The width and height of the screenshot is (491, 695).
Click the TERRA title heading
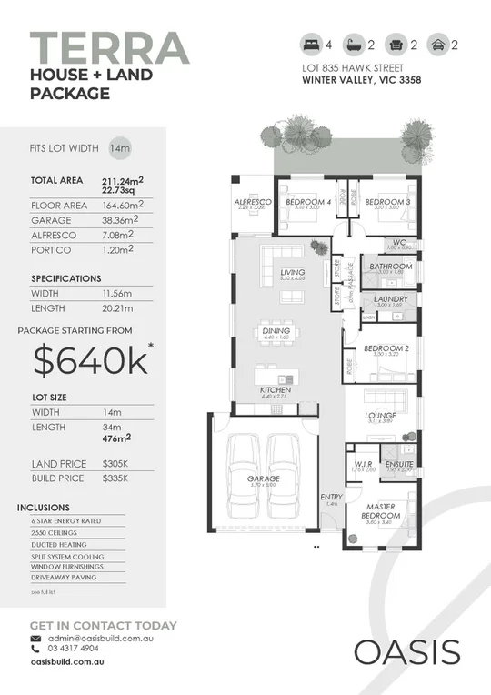110,48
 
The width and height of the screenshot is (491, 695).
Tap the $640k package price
91,361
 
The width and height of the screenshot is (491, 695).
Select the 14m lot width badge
119,147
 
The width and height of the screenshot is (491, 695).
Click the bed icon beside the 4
310,44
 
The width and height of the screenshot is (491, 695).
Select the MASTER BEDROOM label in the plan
384,510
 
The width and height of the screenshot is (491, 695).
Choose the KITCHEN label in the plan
274,389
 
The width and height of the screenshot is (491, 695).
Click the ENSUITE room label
399,463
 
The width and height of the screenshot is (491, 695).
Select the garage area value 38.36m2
123,219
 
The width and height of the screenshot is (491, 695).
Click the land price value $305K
115,464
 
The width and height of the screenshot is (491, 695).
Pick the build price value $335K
115,478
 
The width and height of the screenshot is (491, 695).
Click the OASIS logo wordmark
406,652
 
